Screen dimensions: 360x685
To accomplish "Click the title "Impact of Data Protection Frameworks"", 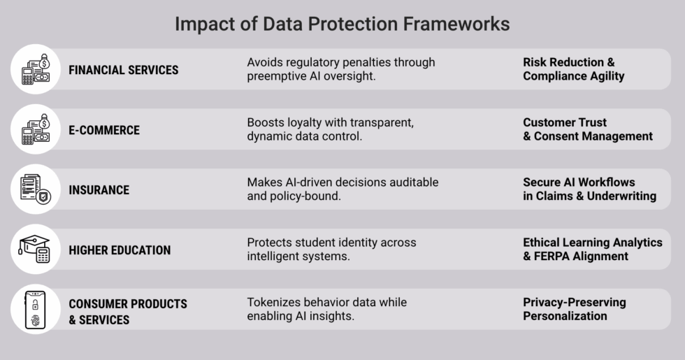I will coord(342,24).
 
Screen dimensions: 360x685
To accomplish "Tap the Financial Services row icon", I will coord(36,69).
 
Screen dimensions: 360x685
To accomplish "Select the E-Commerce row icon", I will coord(36,129).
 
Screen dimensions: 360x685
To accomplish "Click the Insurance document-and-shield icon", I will coord(36,189).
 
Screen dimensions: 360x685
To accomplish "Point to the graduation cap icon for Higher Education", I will coord(36,250).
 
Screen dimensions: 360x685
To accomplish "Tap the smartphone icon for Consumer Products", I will coord(36,310).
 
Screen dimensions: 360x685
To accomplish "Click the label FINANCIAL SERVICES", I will coord(123,70).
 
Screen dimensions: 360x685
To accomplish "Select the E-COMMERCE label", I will coord(104,130).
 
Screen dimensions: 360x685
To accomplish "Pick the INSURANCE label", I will coord(99,190).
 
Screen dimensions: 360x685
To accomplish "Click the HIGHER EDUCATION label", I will coord(120,250).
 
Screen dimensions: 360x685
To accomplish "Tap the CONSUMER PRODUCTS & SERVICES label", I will coord(128,312).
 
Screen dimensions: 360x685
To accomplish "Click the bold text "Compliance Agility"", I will coord(573,76).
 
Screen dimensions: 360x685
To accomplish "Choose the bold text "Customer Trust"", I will coord(565,122).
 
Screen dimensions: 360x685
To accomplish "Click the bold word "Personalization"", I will coord(565,316).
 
